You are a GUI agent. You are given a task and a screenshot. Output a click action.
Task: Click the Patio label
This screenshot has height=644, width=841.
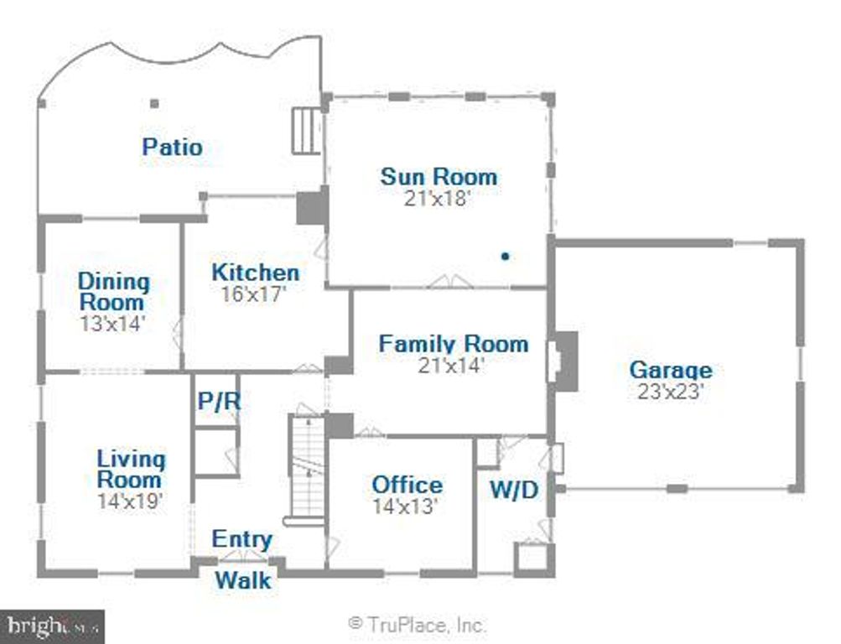172,147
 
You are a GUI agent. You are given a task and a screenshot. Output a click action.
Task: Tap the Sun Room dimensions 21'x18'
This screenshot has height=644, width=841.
438,200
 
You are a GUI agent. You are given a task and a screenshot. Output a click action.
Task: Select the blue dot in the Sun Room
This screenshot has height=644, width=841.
505,257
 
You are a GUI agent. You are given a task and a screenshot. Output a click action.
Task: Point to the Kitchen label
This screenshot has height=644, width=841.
255,273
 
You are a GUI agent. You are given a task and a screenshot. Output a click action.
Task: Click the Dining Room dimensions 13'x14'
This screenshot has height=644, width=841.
113,323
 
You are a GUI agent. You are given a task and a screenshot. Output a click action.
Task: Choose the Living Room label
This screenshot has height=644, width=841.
131,470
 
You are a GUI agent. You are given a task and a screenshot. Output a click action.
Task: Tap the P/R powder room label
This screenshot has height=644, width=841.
218,402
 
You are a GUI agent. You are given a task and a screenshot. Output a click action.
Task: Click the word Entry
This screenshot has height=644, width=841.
241,539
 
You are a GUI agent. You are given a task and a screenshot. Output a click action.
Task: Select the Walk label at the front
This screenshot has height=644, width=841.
243,579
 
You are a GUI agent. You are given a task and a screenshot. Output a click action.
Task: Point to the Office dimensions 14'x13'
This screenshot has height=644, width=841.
407,506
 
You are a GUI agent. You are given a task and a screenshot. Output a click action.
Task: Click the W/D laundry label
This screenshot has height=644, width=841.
513,491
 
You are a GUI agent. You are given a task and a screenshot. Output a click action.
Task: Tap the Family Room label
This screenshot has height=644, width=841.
453,343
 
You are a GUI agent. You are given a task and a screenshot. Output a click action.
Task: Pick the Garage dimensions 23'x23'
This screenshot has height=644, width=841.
670,392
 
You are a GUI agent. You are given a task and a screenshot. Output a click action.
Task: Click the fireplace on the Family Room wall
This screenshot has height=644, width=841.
564,361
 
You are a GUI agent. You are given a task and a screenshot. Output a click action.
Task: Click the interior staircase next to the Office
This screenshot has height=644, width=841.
306,470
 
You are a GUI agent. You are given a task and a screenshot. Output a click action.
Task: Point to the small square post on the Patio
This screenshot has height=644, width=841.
154,104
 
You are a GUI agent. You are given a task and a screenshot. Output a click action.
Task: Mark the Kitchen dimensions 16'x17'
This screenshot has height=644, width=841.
254,293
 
